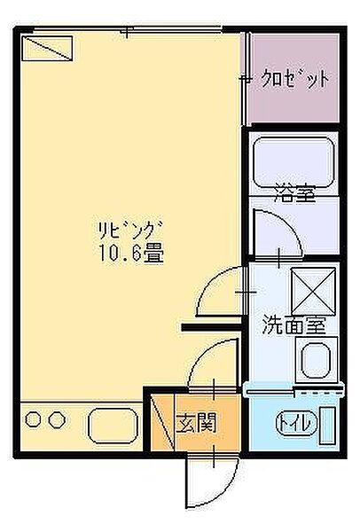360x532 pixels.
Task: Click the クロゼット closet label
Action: (x=296, y=78)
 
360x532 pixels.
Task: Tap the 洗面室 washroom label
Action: (x=293, y=325)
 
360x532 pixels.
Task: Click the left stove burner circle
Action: (x=34, y=419)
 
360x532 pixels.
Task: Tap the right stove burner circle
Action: (x=57, y=419)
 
